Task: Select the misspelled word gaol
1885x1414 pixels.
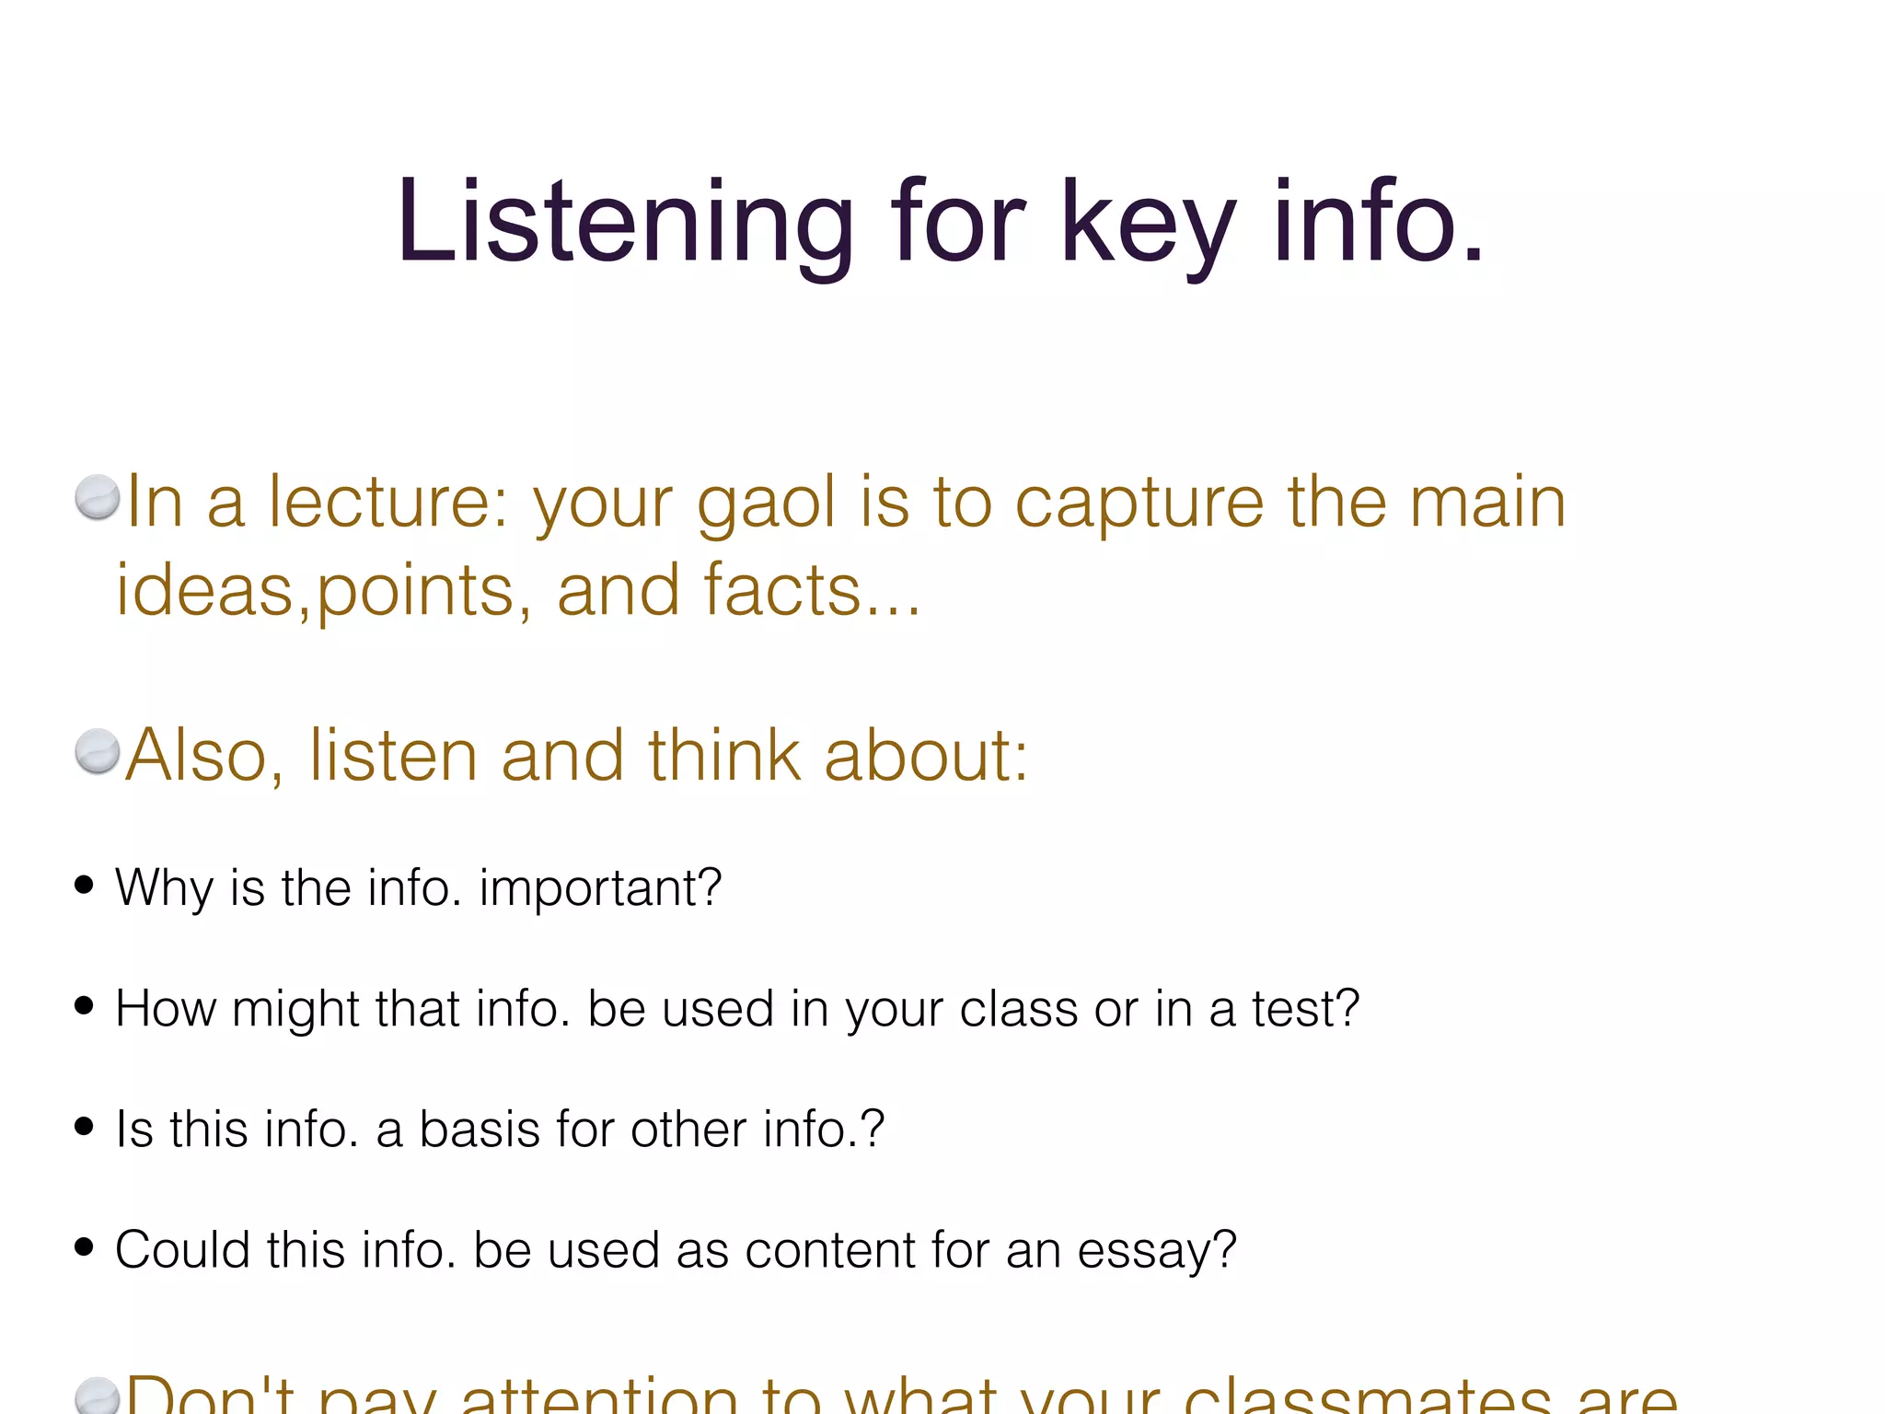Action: point(766,504)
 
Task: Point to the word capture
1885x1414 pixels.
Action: point(1139,504)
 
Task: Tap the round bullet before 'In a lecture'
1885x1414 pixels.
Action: point(98,497)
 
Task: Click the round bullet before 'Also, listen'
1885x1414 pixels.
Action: point(98,751)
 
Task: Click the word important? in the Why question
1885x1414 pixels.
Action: point(600,888)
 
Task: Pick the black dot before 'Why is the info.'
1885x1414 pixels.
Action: point(85,885)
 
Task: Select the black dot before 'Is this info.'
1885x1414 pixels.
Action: point(85,1126)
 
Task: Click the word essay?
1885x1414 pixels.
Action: point(1157,1251)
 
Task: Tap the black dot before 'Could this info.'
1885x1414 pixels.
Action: point(85,1246)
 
